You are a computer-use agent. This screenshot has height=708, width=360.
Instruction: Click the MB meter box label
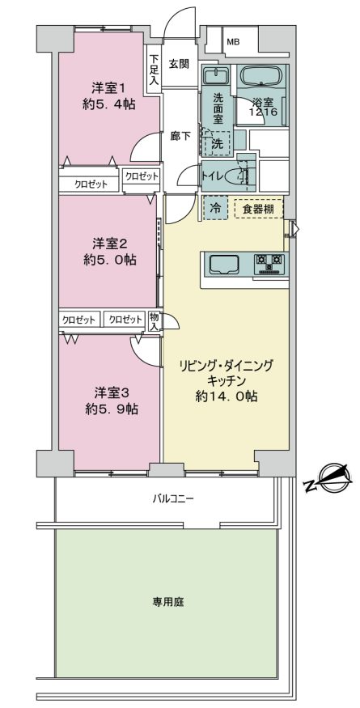coord(233,42)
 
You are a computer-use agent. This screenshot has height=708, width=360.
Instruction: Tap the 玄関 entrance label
coord(179,64)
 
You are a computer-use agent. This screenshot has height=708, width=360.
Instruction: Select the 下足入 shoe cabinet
coord(154,70)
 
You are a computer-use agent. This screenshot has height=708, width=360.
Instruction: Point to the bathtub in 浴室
coord(262,75)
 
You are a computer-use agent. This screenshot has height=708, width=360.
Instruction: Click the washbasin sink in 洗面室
coord(216,75)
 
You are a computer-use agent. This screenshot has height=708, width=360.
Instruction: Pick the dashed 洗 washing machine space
coord(218,144)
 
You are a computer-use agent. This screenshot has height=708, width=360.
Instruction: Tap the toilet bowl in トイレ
coord(238,176)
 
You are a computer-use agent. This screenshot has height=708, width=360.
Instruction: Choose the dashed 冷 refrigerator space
coord(216,208)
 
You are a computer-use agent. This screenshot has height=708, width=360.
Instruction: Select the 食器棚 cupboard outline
coord(259,208)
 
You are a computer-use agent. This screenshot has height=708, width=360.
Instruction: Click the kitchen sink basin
coord(223,264)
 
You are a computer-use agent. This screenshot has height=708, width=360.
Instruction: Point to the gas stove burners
coord(269,264)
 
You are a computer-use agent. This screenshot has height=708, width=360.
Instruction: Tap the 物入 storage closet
coord(155,320)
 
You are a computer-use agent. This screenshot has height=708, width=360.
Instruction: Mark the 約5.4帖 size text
coord(108,104)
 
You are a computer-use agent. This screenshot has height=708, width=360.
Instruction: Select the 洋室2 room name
coord(109,244)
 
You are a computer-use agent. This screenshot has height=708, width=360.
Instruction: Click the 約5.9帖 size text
coord(112,409)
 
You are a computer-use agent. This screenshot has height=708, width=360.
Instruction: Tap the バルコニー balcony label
coord(172,499)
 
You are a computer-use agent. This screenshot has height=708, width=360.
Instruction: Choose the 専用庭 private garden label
coord(168,602)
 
